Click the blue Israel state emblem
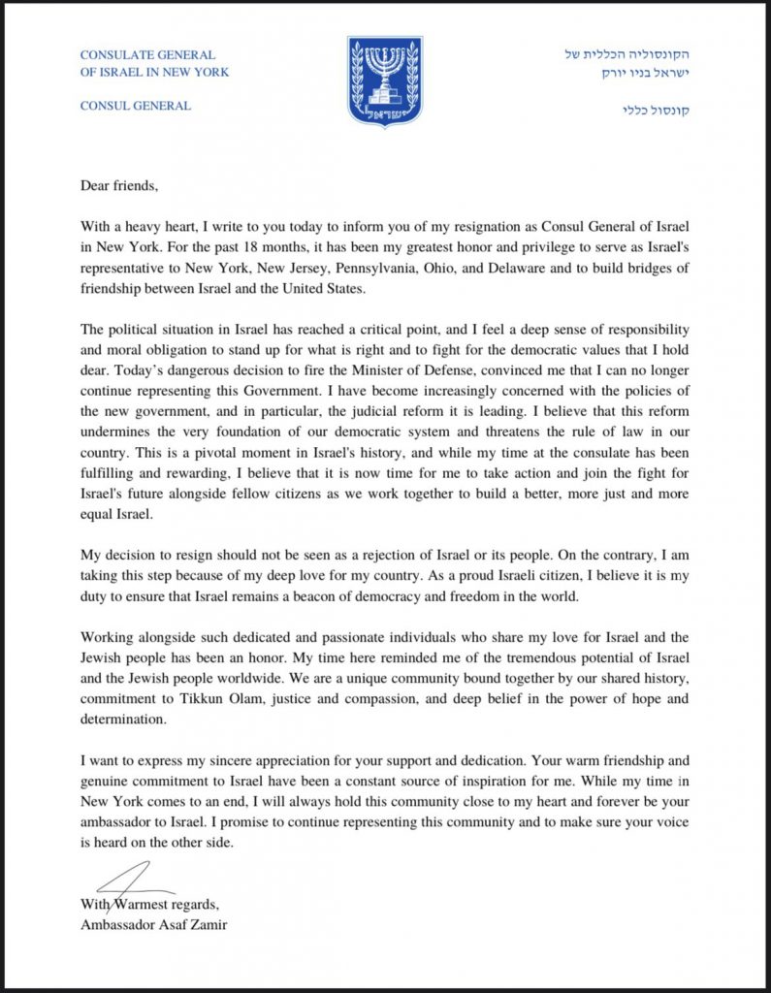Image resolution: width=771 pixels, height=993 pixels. pos(385,81)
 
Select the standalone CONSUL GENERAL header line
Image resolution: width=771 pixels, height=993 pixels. pos(135,106)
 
